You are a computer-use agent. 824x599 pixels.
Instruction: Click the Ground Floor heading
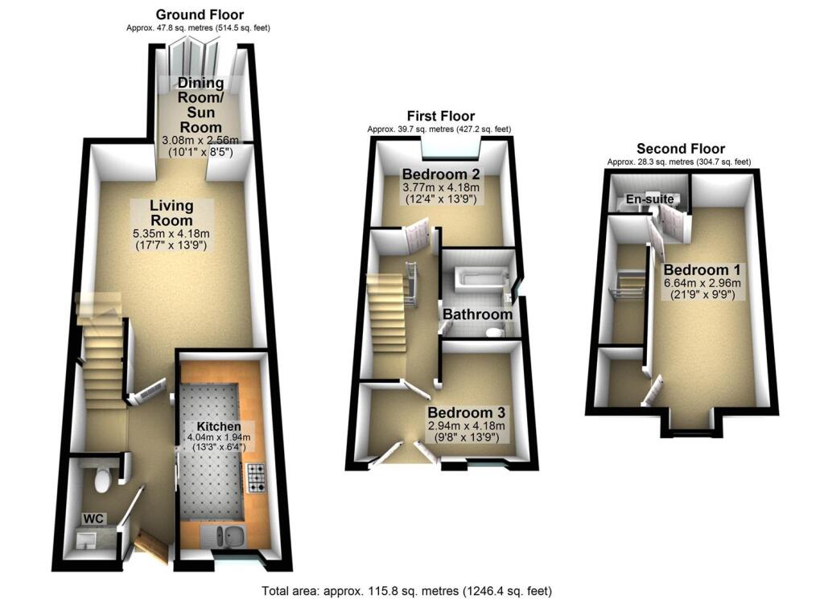[x=199, y=14]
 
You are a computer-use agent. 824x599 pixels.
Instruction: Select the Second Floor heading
[x=680, y=149]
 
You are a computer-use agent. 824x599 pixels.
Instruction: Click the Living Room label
[x=171, y=213]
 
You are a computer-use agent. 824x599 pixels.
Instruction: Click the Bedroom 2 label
[x=435, y=174]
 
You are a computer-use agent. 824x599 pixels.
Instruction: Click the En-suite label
[x=651, y=199]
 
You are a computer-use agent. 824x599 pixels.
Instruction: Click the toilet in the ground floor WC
[x=102, y=480]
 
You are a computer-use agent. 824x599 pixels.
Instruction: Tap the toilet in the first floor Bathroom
[x=496, y=332]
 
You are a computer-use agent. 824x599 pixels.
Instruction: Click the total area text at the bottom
[x=408, y=590]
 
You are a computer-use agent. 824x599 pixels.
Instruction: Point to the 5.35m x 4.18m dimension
[x=171, y=235]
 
